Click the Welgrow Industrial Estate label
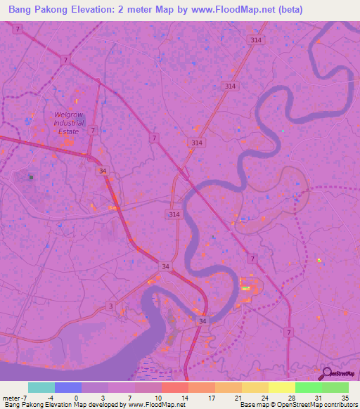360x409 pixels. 69,122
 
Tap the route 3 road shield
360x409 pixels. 110,305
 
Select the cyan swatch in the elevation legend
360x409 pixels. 41,387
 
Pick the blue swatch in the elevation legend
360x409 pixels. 67,387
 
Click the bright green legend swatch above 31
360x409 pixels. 308,387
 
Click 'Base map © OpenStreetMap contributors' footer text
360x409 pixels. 297,405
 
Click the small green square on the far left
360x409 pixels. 31,178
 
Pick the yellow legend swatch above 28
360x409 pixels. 281,387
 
